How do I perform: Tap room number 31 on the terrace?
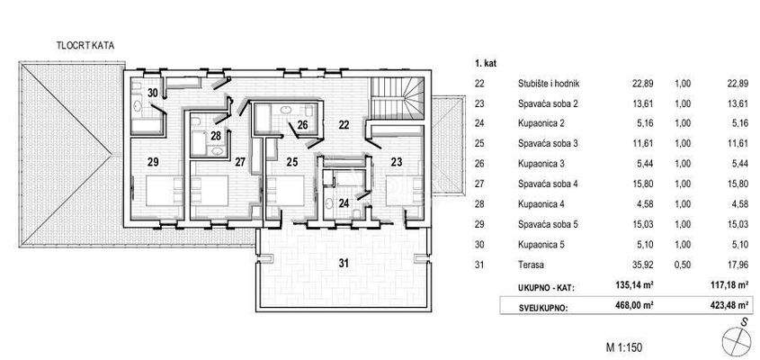[343, 264]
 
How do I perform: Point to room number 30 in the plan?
[153, 93]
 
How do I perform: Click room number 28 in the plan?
[216, 136]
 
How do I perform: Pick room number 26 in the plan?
[303, 125]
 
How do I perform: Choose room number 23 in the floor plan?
[398, 162]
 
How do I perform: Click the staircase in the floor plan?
[398, 98]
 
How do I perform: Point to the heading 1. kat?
[486, 65]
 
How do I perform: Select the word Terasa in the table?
[532, 264]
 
